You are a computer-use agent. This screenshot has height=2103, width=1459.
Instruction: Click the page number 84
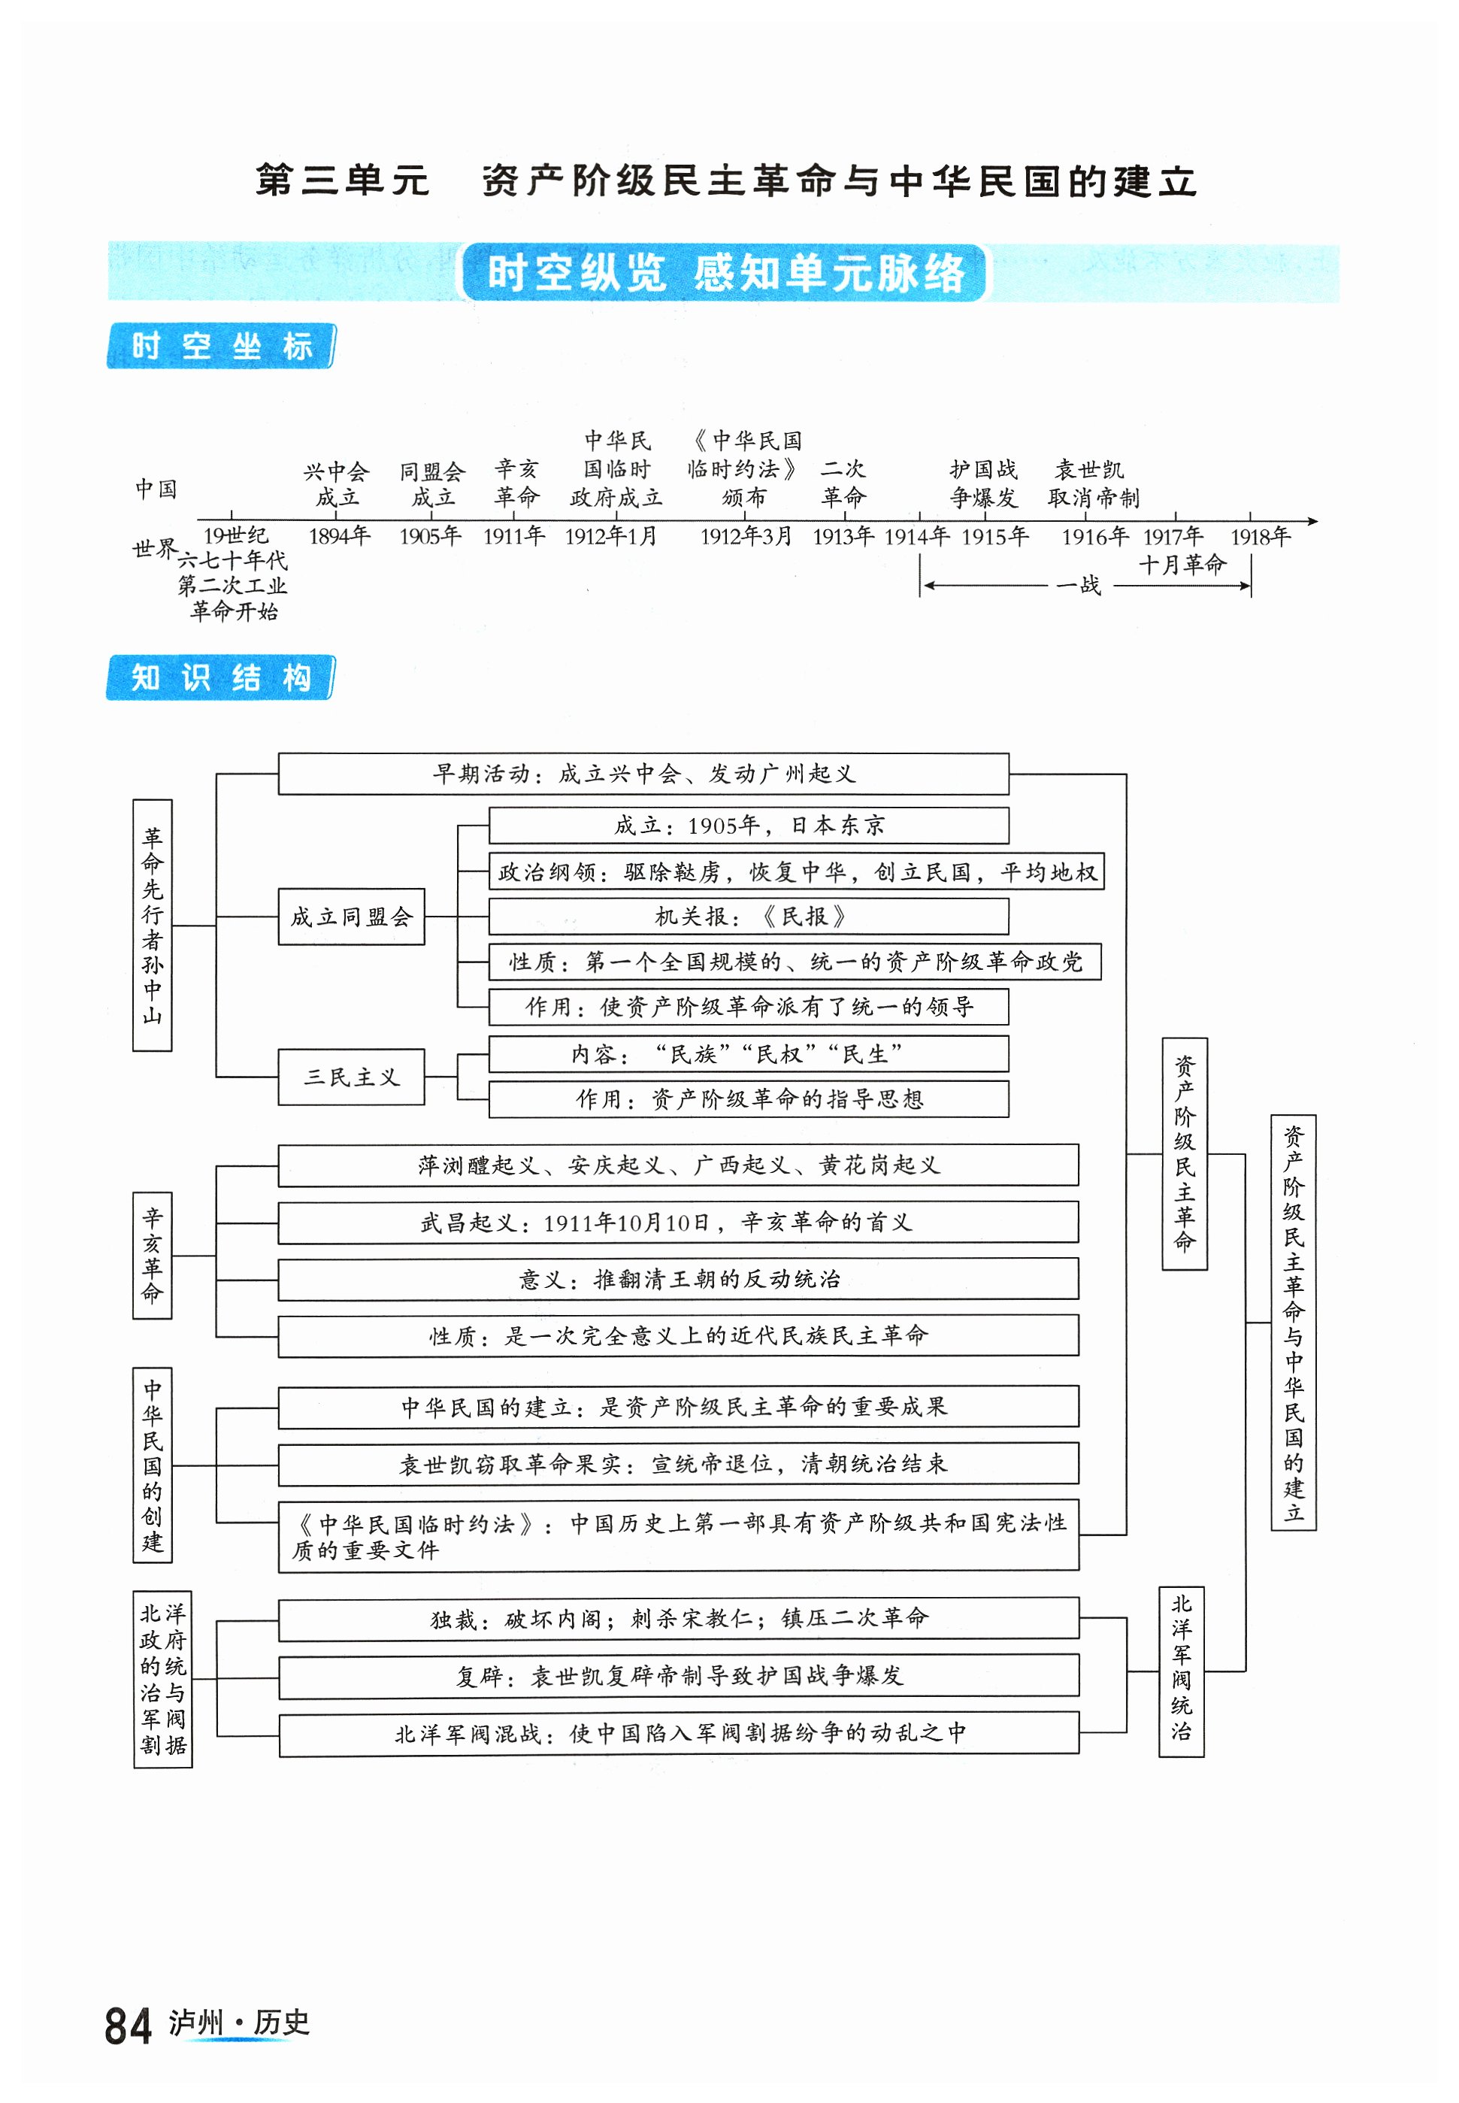pyautogui.click(x=127, y=2026)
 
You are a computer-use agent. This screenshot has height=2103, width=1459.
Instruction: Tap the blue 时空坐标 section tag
pyautogui.click(x=221, y=347)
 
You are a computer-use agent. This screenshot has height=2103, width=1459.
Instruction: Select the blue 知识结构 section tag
pyautogui.click(x=221, y=677)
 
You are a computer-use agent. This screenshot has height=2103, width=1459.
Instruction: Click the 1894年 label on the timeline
pyautogui.click(x=339, y=537)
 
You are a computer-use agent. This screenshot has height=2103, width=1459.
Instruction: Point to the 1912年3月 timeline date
pyautogui.click(x=746, y=537)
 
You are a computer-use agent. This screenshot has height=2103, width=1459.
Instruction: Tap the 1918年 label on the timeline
pyautogui.click(x=1260, y=537)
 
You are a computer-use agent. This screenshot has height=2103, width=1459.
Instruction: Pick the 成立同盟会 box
pyautogui.click(x=351, y=917)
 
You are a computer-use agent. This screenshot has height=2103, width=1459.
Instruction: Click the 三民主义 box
pyautogui.click(x=351, y=1077)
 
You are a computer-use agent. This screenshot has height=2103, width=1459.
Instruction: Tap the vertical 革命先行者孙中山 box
pyautogui.click(x=153, y=926)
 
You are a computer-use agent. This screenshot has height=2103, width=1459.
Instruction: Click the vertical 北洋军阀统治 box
pyautogui.click(x=1181, y=1671)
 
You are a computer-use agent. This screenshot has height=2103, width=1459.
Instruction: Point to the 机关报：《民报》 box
pyautogui.click(x=749, y=917)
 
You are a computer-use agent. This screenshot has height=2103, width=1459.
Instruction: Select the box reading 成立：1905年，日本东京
pyautogui.click(x=749, y=826)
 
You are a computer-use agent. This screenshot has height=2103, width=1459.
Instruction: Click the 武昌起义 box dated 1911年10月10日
pyautogui.click(x=677, y=1223)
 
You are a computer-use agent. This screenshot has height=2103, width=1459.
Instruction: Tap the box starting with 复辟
pyautogui.click(x=678, y=1676)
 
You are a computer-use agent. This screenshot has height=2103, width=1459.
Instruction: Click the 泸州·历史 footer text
pyautogui.click(x=240, y=2023)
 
